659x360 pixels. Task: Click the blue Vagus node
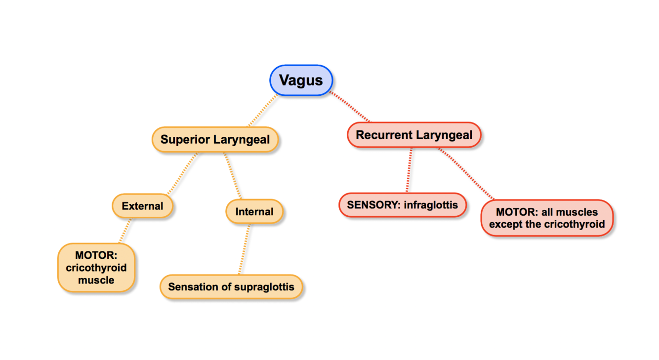point(301,80)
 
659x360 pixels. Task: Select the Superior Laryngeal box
point(215,139)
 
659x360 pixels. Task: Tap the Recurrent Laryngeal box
point(414,135)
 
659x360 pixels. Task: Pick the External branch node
point(142,206)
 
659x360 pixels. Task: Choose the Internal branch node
point(254,212)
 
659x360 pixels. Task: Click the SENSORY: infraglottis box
point(402,204)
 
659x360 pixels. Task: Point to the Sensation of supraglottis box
point(231,287)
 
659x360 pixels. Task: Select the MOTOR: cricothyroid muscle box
point(96,268)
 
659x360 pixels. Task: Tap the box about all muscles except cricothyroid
point(547,218)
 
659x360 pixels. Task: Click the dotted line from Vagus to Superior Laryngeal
point(262,111)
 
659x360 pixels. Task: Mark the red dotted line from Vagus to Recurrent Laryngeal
point(350,107)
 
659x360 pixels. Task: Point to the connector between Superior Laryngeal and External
point(183,173)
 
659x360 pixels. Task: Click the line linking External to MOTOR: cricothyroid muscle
point(125,230)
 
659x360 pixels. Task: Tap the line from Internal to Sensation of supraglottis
point(245,249)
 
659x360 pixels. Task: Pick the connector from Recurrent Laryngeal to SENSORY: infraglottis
point(409,170)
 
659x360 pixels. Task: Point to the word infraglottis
point(431,204)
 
